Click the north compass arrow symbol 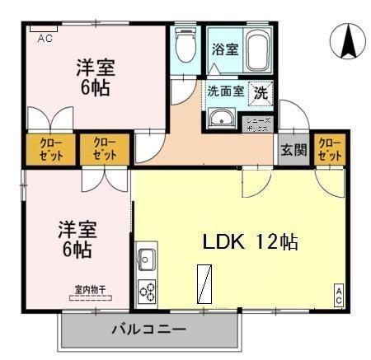coord(347,41)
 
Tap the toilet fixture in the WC coord(186,48)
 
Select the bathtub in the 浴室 coord(257,50)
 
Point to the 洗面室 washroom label coord(225,91)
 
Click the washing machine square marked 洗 coord(259,93)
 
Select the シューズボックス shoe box coord(257,122)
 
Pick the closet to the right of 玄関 coord(329,149)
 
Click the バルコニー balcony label coord(148,330)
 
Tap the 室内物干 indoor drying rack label coord(90,289)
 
